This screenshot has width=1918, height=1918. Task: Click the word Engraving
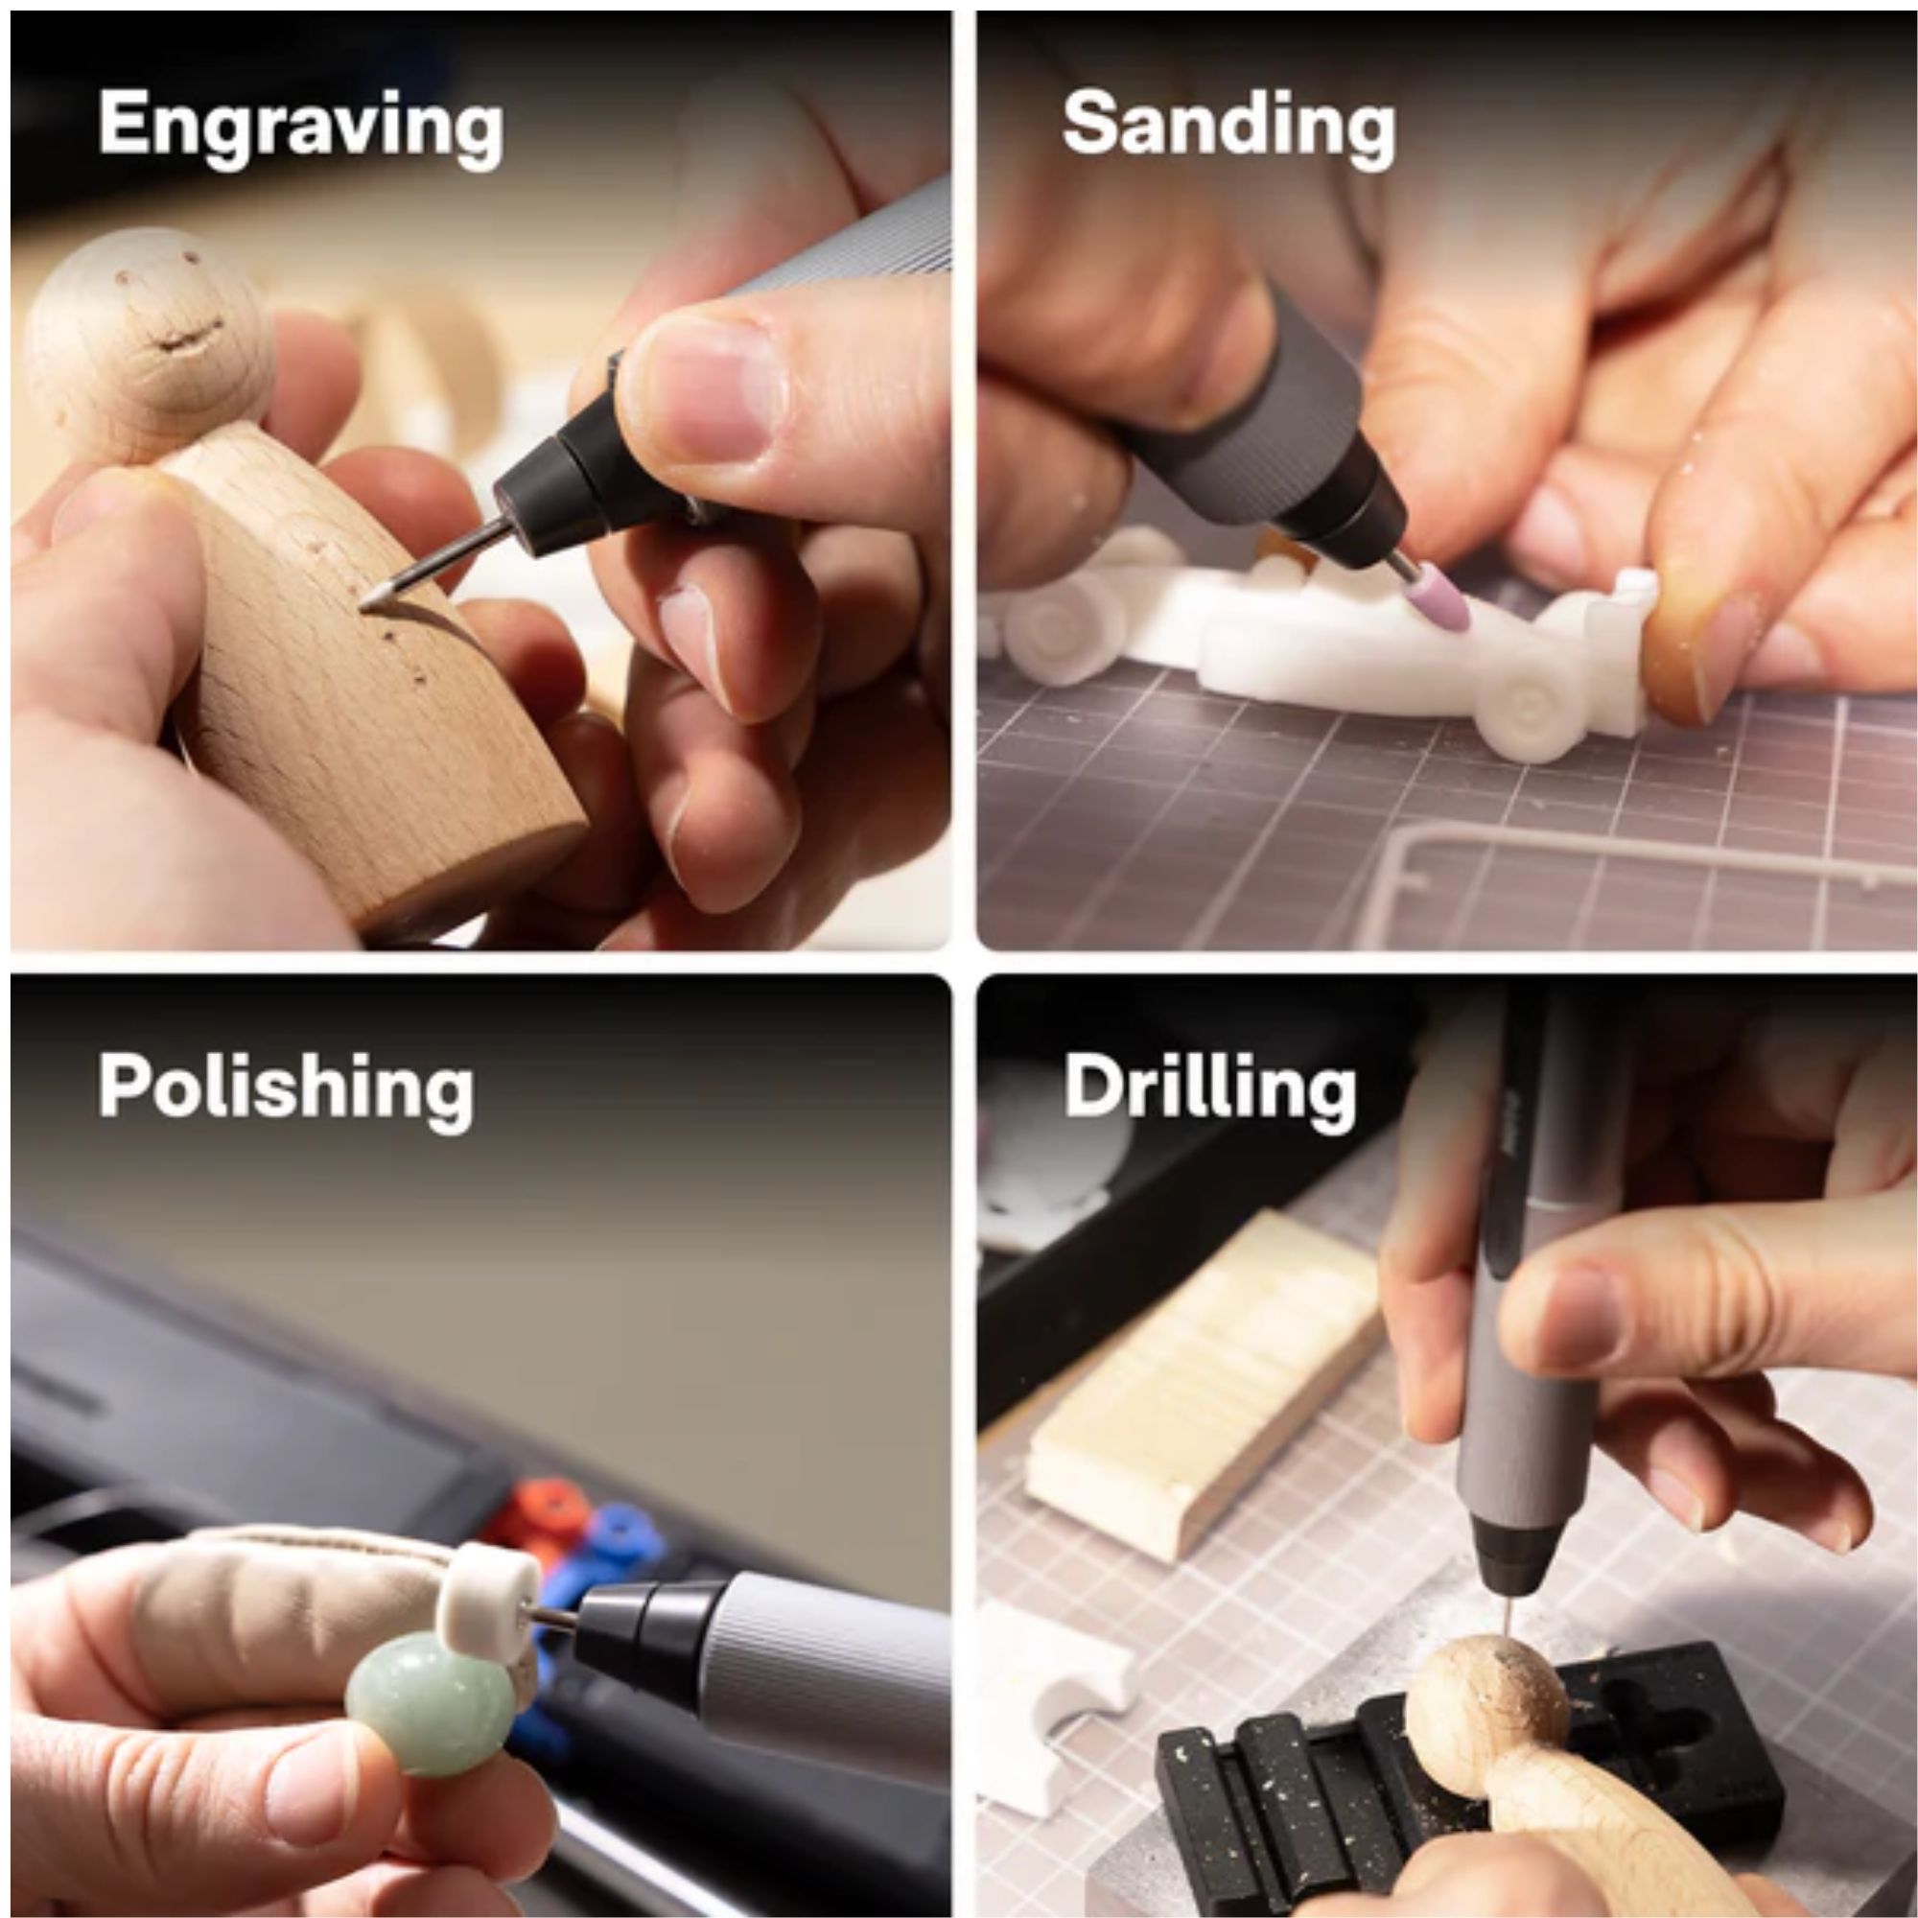[x=300, y=129]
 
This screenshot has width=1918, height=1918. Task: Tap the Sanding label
[x=1228, y=126]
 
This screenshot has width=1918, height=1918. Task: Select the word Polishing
[x=285, y=1088]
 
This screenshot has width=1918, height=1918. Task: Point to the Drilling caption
[x=1209, y=1089]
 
